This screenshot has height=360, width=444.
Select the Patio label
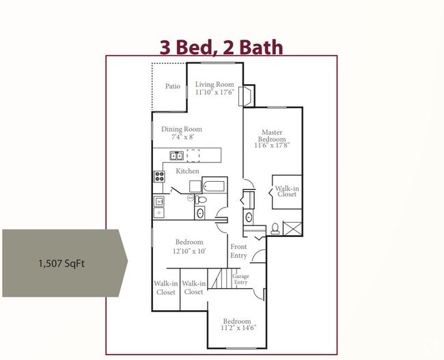coord(173,87)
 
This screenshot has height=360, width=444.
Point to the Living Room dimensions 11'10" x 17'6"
coord(214,92)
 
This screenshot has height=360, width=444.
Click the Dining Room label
coord(182,129)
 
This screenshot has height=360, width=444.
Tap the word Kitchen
coord(188,171)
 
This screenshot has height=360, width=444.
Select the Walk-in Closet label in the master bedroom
coord(287,190)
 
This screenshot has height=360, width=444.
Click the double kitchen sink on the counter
coord(176,155)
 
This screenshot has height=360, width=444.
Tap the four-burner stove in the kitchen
coord(159,176)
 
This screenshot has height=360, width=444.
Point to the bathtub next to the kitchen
coord(214,185)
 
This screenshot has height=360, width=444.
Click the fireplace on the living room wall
coord(245,96)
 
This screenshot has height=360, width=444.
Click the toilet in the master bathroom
coord(275,228)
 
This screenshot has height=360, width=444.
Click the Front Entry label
coord(238,251)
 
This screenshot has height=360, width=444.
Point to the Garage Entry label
coord(241,280)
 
